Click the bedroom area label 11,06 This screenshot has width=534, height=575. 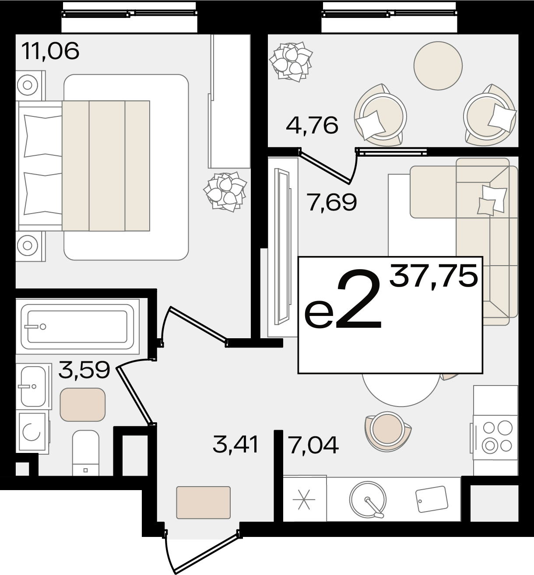(x=50, y=51)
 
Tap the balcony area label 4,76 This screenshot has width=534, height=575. (x=312, y=125)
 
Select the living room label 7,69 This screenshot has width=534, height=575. (x=332, y=202)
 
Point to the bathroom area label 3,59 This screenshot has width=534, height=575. (x=84, y=370)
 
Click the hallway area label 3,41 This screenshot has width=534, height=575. (x=235, y=445)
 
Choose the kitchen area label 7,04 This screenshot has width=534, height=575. (x=313, y=445)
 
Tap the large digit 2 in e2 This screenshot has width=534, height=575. (x=358, y=298)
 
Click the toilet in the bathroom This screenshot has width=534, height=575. (x=85, y=453)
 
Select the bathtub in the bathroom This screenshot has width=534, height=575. (x=77, y=326)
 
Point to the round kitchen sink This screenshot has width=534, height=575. (x=368, y=499)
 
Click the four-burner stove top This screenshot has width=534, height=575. (x=496, y=437)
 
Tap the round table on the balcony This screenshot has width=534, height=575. (x=438, y=66)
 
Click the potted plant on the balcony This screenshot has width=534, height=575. (x=291, y=61)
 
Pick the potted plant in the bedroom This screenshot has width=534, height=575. (x=225, y=192)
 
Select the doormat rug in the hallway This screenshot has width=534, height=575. (x=204, y=502)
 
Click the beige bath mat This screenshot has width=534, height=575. (x=83, y=405)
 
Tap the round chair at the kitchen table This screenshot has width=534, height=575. (x=388, y=431)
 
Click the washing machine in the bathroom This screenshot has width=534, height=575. (x=32, y=431)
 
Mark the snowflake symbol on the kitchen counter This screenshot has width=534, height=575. (x=304, y=499)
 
